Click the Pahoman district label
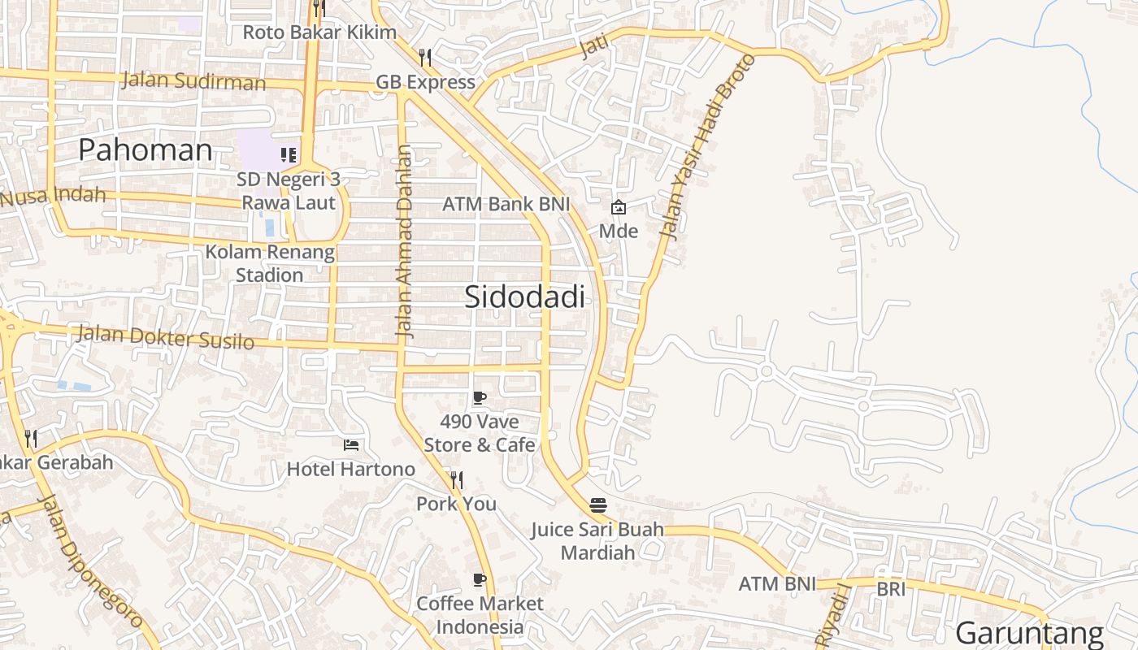(146, 150)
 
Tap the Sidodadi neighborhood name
(524, 297)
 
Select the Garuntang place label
(1029, 633)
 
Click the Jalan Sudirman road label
(193, 81)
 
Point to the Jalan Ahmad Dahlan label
(405, 241)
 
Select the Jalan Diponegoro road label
(89, 561)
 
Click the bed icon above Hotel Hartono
(351, 444)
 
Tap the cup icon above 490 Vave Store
(480, 397)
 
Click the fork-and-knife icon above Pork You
(456, 479)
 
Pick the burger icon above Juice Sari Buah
(598, 505)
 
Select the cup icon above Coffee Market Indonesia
(480, 579)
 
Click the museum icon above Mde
(619, 207)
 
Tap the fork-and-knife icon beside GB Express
(425, 57)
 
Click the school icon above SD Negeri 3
(288, 154)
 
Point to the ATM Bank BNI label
(506, 204)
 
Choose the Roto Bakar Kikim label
(319, 33)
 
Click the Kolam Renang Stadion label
(270, 263)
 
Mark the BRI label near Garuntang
(891, 589)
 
